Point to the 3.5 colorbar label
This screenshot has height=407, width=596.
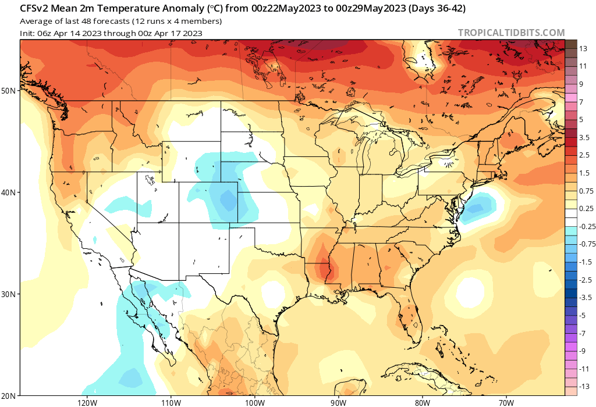coord(584,138)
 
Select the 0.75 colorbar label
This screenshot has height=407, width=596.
coord(585,191)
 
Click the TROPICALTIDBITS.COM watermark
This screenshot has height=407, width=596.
coord(511,33)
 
